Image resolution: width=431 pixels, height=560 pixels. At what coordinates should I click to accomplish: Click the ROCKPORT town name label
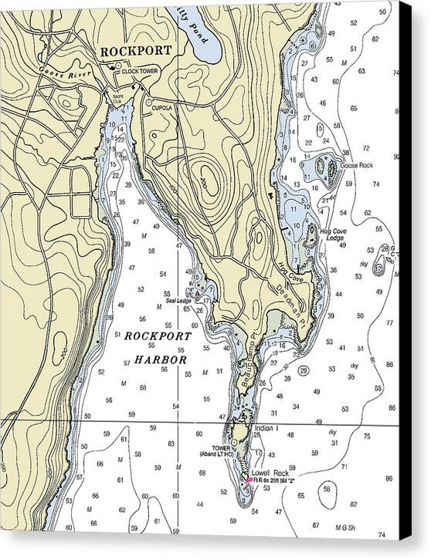[x=135, y=52]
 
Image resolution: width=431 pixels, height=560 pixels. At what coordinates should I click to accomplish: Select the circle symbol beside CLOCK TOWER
[x=114, y=69]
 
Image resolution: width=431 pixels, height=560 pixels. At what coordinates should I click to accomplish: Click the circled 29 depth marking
[x=304, y=371]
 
